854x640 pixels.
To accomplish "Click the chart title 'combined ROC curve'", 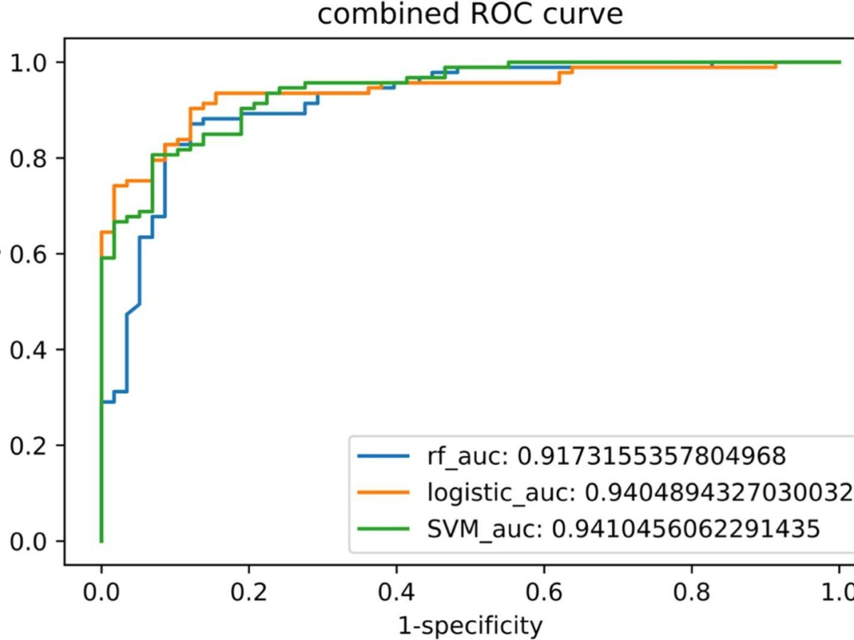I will click(x=470, y=14).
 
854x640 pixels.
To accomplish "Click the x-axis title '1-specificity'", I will click(x=470, y=626).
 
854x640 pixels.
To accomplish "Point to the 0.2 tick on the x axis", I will click(x=248, y=593).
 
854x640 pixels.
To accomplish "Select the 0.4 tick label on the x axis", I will click(x=396, y=593).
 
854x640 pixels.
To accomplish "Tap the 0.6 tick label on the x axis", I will click(x=544, y=593).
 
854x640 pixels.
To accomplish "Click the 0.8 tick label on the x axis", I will click(x=691, y=593).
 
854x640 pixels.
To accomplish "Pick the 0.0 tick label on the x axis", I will click(x=101, y=593).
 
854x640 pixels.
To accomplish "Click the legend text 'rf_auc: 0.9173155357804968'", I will click(x=606, y=455).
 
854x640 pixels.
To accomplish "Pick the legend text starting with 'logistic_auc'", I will click(x=640, y=492).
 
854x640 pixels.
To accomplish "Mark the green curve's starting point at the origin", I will click(x=101, y=541).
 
